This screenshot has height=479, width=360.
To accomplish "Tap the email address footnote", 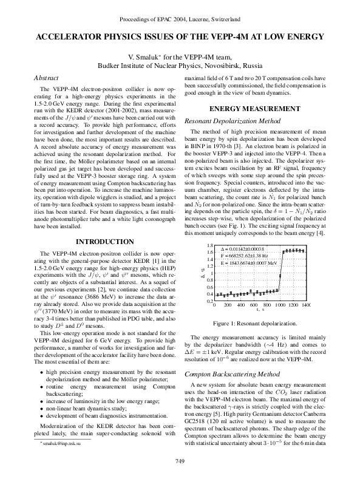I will tap(45, 445).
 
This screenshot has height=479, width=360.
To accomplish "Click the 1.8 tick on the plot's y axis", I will tap(209, 245).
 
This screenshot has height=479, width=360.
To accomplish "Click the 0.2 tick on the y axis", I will tap(209, 301).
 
